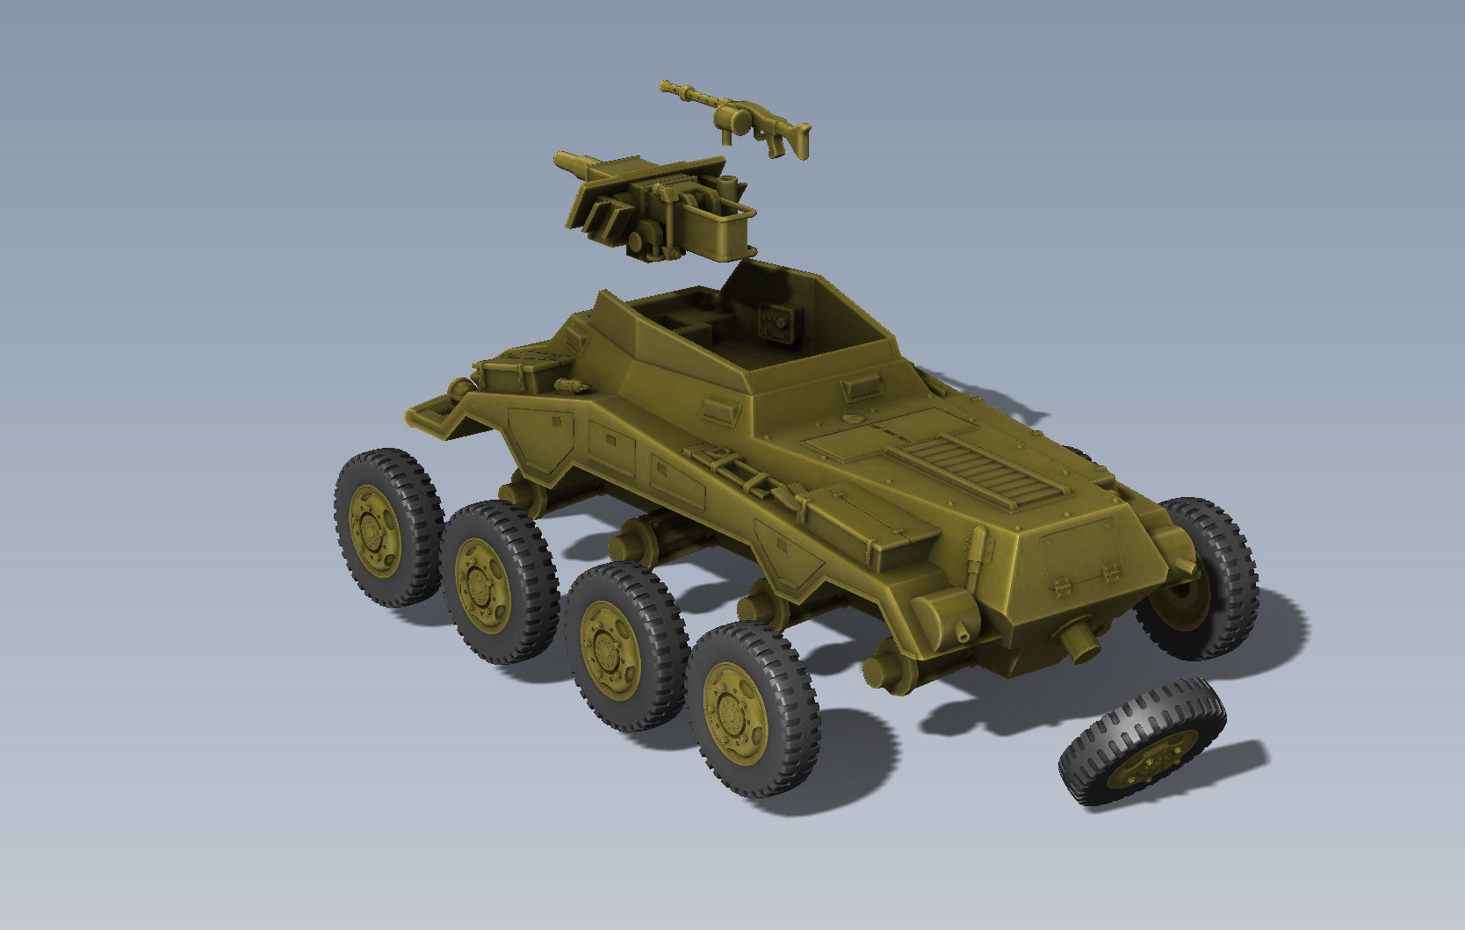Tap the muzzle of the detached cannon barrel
tap(559, 160)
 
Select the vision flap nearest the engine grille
tap(861, 386)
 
